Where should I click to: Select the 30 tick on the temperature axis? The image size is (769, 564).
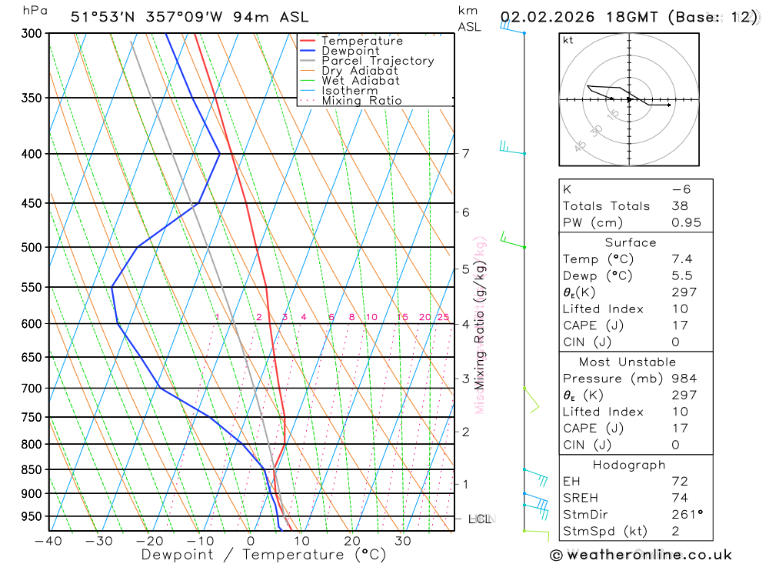pos(402,540)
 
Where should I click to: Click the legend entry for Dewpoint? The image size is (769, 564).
pos(351,51)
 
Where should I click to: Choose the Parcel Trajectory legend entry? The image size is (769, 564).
pos(378,61)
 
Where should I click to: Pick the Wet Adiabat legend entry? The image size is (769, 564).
pos(361,81)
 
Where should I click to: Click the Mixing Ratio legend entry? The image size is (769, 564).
pos(361,101)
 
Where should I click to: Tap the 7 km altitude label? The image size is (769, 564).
pos(465,153)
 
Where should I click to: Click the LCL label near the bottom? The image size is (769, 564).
pos(480,519)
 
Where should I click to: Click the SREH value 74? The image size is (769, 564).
pos(679,498)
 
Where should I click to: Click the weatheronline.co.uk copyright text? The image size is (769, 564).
pos(641,555)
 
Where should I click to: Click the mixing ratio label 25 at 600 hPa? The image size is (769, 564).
pos(443,317)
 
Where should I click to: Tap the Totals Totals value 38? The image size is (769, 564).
pos(679,206)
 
